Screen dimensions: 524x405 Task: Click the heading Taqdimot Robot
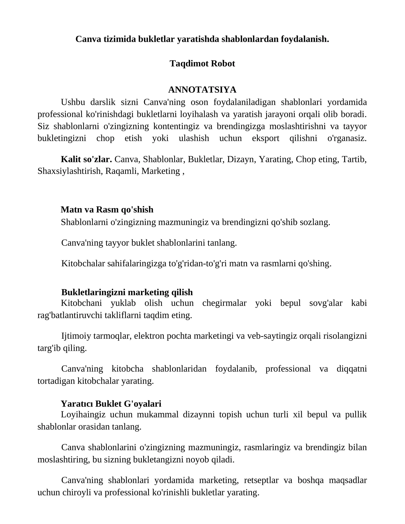[x=202, y=64]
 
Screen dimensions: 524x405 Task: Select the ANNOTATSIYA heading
[x=202, y=90]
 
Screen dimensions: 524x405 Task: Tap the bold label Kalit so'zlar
[x=86, y=159]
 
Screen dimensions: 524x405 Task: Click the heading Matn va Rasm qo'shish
[x=107, y=210]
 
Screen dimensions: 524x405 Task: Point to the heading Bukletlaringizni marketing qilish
[x=127, y=292]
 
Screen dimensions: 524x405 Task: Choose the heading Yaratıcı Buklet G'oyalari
[x=111, y=404]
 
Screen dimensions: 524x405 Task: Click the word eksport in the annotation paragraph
[x=266, y=138]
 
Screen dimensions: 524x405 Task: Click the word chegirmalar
[x=224, y=303]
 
